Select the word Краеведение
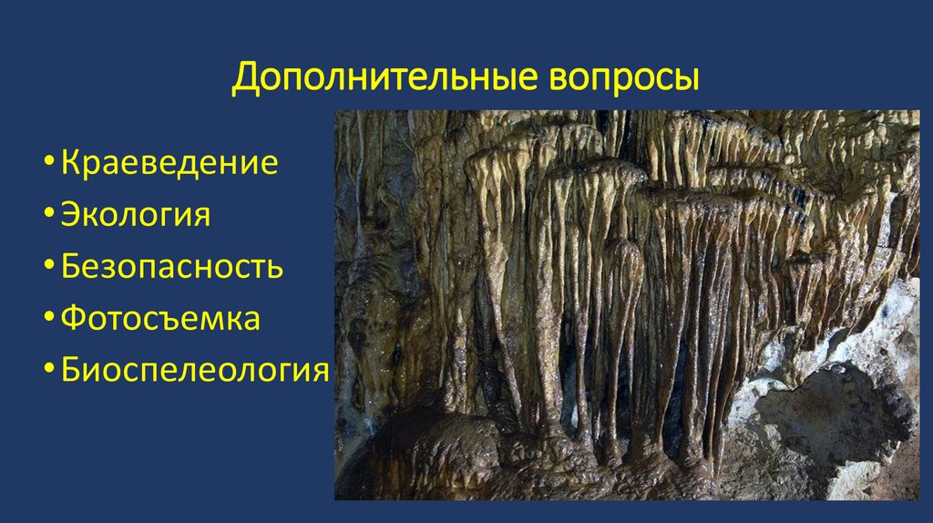pos(169,164)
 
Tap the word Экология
pos(136,216)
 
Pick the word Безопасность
pos(172,268)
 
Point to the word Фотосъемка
pos(160,319)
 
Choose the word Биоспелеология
pos(194,371)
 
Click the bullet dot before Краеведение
pos(47,166)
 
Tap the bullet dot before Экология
pos(47,218)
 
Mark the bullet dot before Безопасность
pos(47,269)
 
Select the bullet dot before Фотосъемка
pos(47,321)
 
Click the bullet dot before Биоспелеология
pos(47,372)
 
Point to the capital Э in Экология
pos(70,216)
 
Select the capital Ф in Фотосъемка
pos(72,319)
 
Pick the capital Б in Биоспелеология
pos(70,371)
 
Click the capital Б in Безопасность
pos(70,268)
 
